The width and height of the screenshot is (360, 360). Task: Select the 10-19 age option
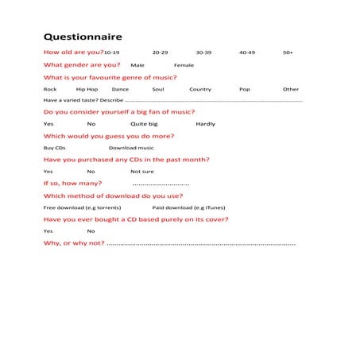(117, 52)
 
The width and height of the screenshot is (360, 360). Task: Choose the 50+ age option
(288, 52)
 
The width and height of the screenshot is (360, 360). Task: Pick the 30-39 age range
(203, 52)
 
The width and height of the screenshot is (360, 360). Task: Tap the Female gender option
(184, 65)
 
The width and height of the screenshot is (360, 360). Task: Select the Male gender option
(137, 65)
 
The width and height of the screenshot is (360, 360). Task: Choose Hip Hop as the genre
(87, 90)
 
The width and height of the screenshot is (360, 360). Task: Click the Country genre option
(200, 90)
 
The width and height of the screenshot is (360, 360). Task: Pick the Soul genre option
(157, 90)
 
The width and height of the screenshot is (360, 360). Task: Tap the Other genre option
(291, 90)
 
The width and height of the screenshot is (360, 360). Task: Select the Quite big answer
(144, 125)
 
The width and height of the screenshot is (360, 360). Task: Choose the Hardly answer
(205, 125)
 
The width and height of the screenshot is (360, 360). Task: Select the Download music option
(131, 148)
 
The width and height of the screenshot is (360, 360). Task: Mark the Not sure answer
(142, 172)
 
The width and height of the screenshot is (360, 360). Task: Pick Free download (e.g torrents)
(82, 207)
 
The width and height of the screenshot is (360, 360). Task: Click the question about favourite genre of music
(110, 77)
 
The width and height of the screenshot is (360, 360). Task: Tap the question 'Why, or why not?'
(73, 242)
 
